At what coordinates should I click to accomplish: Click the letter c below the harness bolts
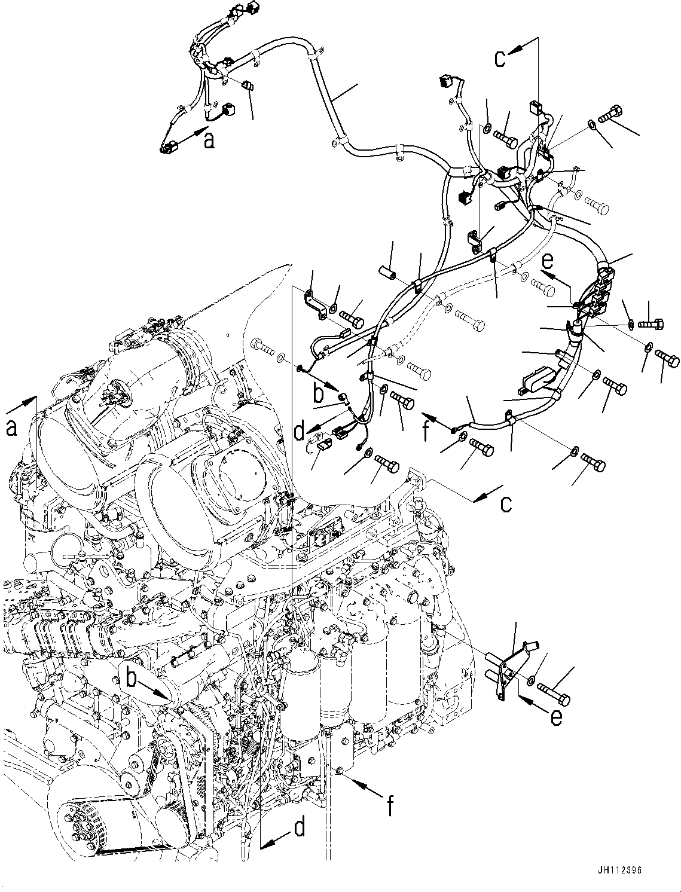click(506, 503)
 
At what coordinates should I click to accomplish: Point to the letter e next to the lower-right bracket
click(556, 716)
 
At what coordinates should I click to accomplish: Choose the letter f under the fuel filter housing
click(390, 808)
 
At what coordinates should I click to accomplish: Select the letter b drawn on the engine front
click(133, 677)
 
